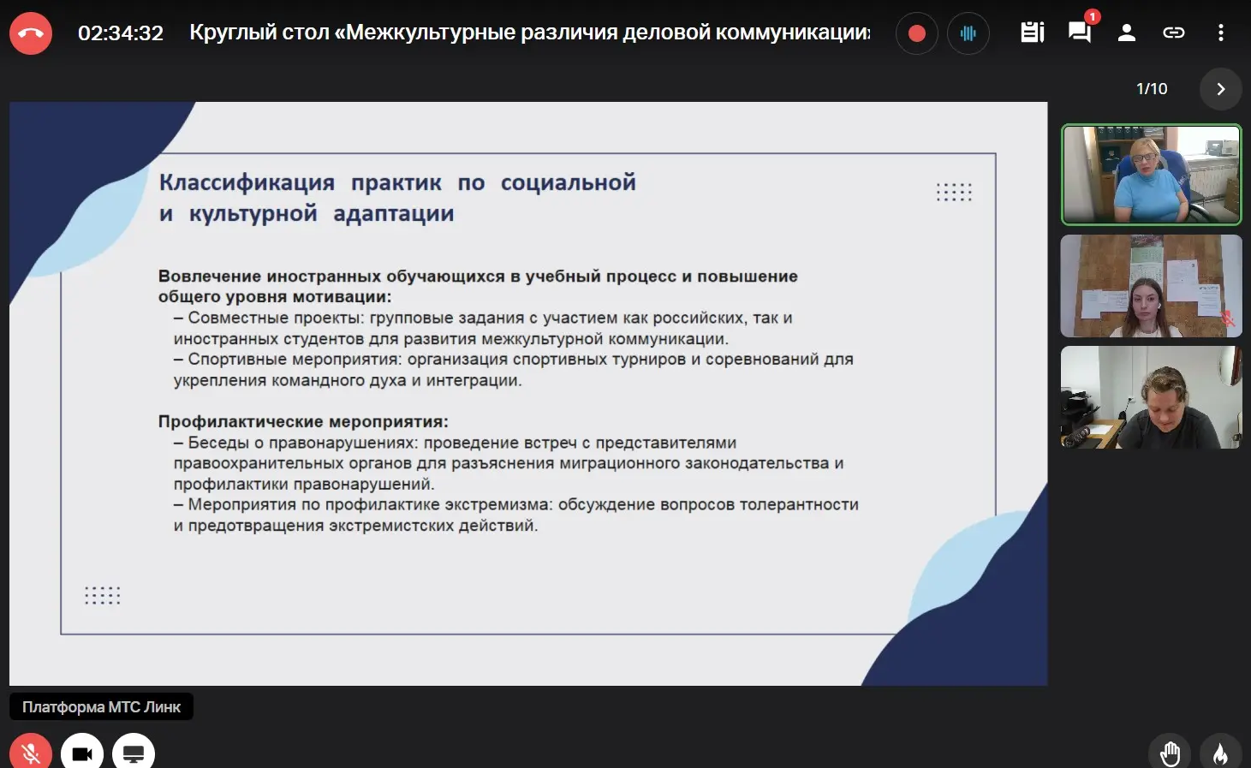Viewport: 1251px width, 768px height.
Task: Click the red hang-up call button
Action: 31,33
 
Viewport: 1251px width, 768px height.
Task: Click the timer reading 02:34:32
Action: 121,33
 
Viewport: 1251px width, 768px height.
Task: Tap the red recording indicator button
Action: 916,33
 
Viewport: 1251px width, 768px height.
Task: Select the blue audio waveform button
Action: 968,33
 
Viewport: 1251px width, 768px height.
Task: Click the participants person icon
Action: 1127,33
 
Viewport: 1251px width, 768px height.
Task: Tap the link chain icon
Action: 1173,33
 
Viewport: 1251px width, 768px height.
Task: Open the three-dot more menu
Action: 1221,33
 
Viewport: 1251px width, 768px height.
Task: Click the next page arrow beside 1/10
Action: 1220,89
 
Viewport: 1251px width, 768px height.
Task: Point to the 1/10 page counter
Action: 1152,89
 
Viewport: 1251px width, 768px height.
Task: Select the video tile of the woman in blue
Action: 1151,175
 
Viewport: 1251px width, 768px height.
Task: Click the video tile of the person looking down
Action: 1151,397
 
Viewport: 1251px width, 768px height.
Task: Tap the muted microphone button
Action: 31,752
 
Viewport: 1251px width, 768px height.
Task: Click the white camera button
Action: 82,752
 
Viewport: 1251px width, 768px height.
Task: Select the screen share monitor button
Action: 134,752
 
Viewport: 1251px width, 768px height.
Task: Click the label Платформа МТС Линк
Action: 101,706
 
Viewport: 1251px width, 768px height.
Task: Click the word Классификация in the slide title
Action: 247,182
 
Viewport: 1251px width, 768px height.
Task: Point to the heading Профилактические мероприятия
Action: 303,422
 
